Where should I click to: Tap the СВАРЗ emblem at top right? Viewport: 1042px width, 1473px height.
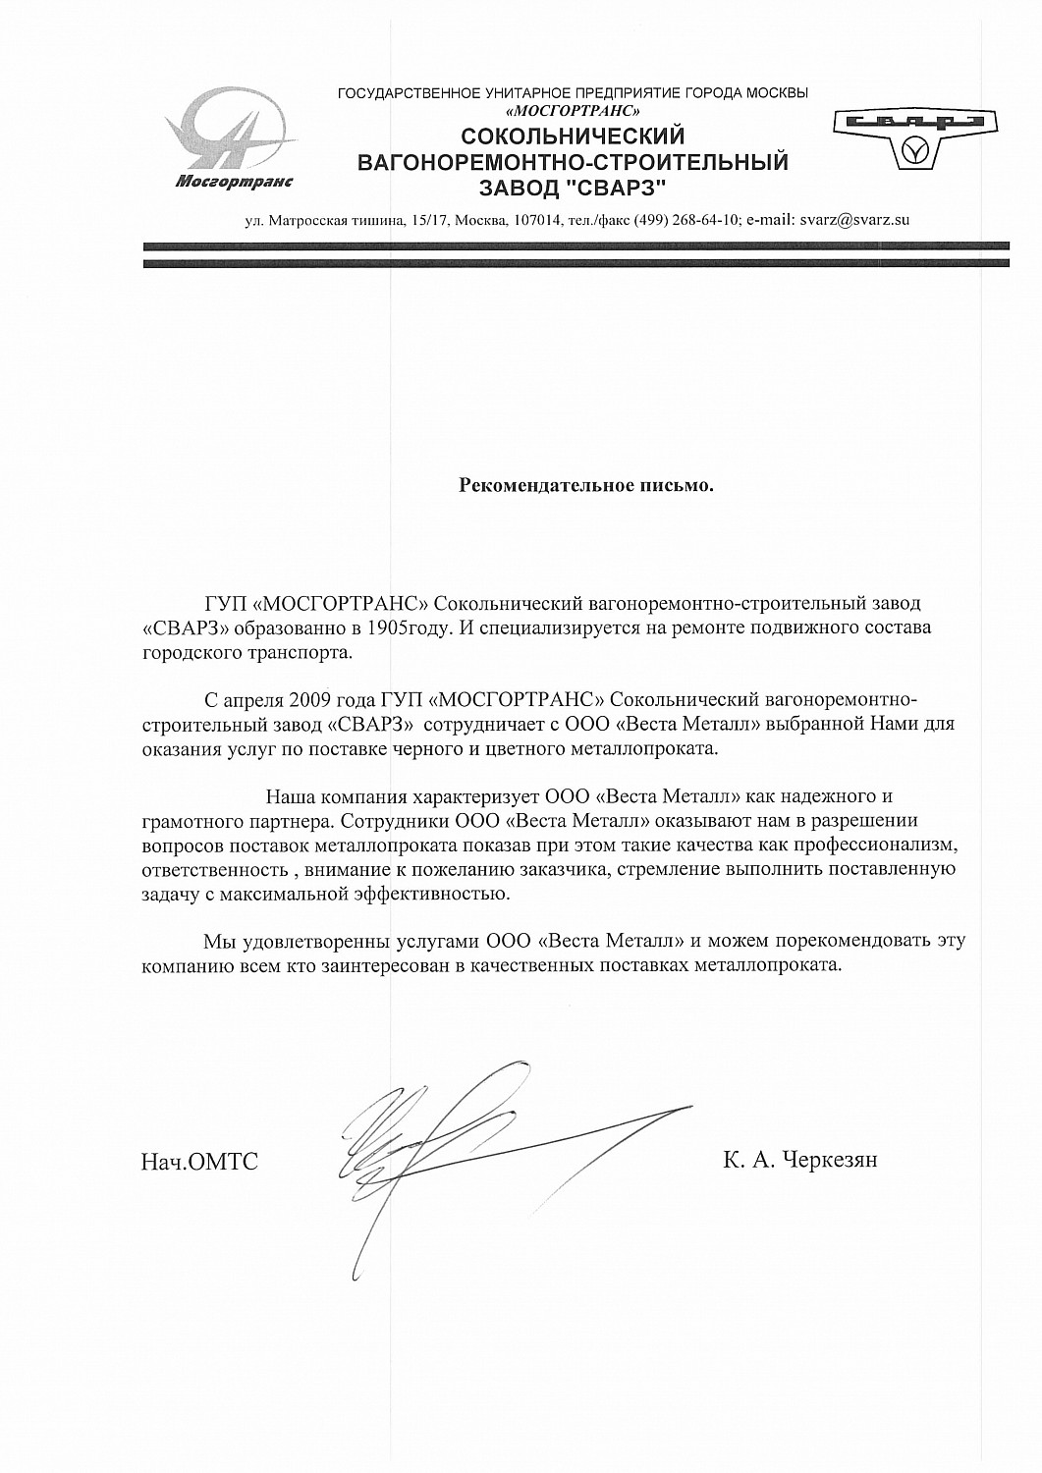(x=914, y=138)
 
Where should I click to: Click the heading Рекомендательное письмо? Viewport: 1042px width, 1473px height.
(x=587, y=485)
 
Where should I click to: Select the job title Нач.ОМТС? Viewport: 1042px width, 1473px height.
(x=199, y=1163)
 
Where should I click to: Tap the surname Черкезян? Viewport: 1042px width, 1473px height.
(x=828, y=1161)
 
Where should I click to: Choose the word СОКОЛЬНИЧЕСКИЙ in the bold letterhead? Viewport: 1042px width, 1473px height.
(x=573, y=136)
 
